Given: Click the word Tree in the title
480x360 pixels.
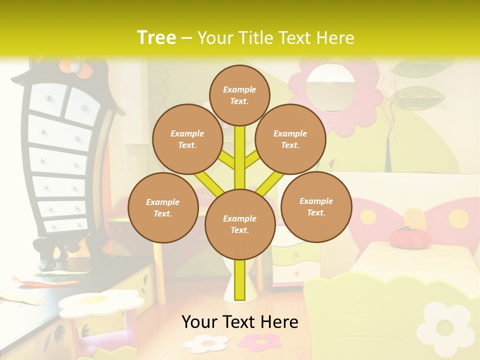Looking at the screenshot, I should [156, 37].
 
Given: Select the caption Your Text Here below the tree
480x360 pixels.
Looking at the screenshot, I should [239, 322].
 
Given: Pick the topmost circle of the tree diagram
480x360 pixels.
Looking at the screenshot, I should [239, 95].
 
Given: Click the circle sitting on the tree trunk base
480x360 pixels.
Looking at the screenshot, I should [240, 224].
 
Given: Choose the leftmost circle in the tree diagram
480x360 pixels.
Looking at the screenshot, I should [163, 207].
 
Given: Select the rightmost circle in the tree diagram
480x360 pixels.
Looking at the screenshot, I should [316, 206].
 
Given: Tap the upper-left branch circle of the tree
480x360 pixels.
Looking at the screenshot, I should [187, 139].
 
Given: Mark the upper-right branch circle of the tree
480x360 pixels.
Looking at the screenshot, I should [290, 139].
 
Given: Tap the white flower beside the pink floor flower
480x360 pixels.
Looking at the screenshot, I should [205, 343].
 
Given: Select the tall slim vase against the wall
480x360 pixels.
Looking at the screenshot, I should [388, 155].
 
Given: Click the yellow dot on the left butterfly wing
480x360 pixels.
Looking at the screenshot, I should [368, 216].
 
